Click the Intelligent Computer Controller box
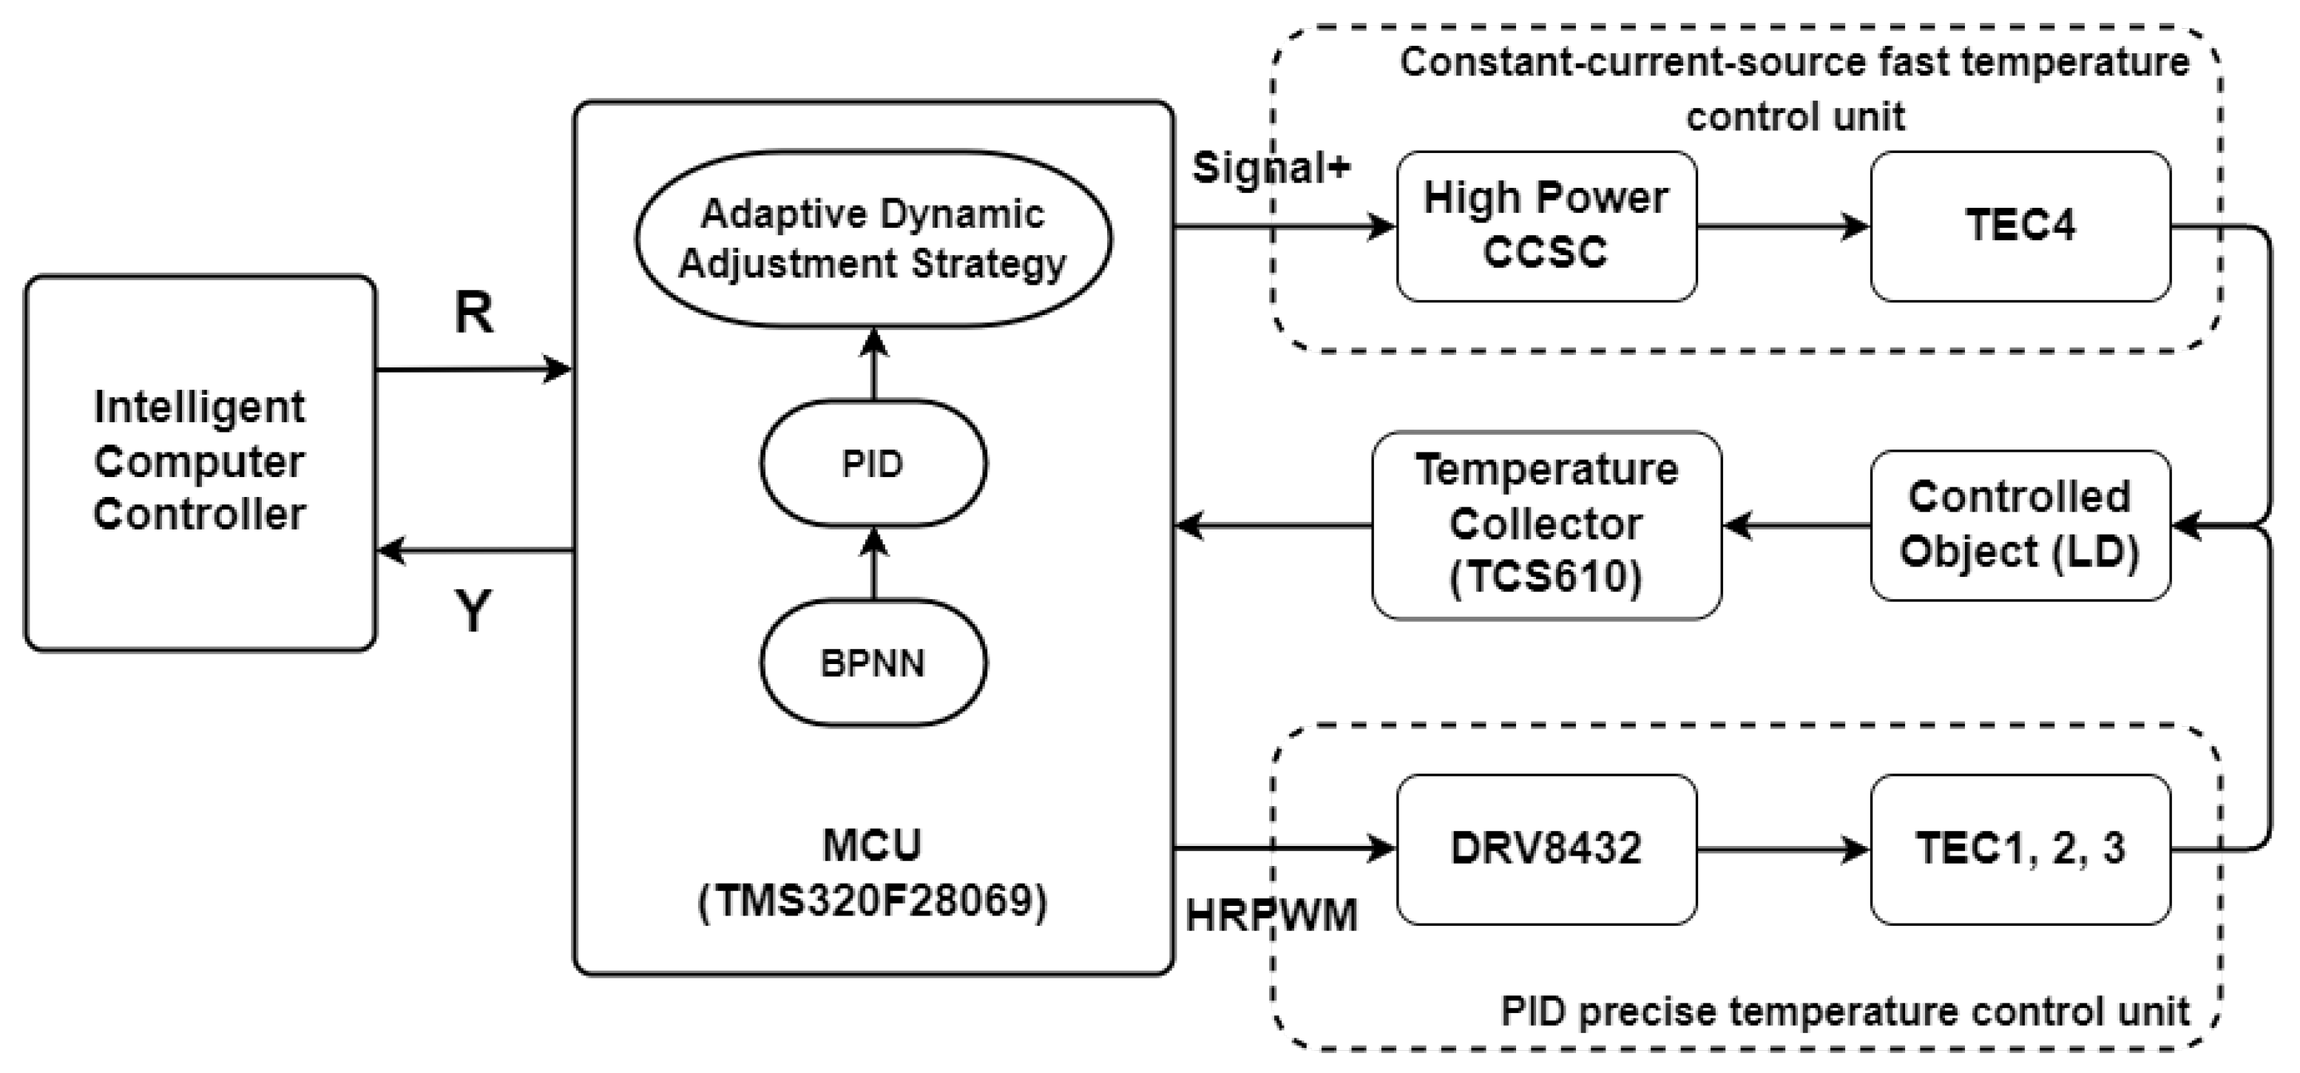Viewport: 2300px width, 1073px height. (x=200, y=462)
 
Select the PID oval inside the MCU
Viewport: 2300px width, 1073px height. (x=873, y=464)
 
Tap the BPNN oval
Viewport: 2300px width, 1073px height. (x=873, y=663)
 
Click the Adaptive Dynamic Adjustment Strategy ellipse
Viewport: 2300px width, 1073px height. (x=873, y=238)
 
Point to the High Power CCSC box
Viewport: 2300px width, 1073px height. (x=1546, y=226)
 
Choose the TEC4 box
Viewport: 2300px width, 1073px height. (x=2020, y=226)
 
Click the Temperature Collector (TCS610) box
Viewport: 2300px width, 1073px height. (x=1546, y=525)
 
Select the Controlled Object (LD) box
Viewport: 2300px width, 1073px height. (x=2020, y=525)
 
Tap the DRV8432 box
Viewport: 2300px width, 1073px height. (x=1546, y=848)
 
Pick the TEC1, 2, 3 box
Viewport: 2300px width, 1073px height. (x=2020, y=848)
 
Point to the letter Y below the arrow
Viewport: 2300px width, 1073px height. (x=473, y=612)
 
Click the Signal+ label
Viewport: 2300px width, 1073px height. (x=1271, y=168)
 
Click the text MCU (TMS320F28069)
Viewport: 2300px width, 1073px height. (x=873, y=873)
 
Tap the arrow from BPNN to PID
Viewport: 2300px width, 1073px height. (x=873, y=563)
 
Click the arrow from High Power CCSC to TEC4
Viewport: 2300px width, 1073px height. (x=1782, y=226)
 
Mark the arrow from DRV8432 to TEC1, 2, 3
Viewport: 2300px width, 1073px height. (x=1782, y=848)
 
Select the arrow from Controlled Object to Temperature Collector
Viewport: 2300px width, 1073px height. (x=1795, y=526)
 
